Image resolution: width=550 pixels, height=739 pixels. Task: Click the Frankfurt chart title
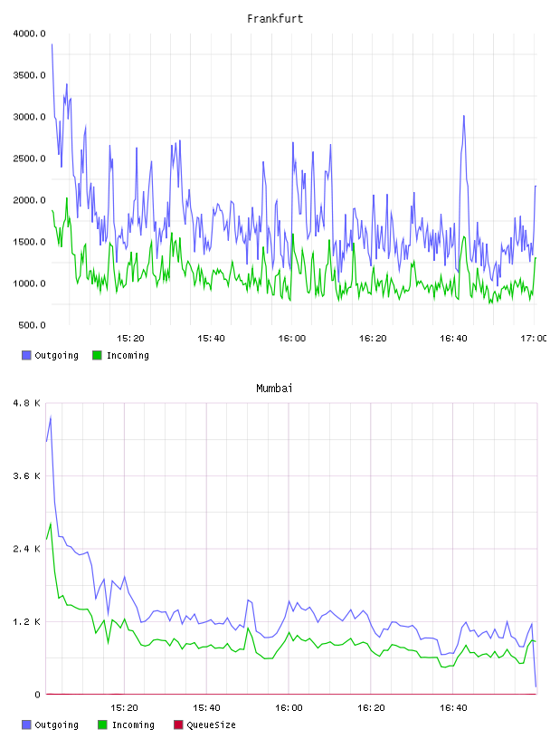275,18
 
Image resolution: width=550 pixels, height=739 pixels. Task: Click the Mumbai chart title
274,388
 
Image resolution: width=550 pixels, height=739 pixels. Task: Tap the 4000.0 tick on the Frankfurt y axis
29,34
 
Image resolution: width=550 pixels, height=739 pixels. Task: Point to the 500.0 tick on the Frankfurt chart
32,325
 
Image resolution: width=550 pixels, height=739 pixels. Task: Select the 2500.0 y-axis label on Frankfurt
29,158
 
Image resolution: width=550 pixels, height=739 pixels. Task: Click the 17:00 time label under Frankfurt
533,338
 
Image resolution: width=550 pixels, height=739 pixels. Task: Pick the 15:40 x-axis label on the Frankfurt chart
211,338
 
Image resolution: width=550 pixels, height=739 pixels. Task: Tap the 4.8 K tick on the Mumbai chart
27,403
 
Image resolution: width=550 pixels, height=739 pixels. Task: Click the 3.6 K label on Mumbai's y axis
27,476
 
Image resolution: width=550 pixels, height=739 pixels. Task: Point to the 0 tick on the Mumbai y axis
37,695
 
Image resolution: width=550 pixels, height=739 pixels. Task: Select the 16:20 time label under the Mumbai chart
371,707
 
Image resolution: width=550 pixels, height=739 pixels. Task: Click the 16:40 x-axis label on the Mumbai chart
453,707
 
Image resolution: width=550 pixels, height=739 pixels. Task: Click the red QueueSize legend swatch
178,725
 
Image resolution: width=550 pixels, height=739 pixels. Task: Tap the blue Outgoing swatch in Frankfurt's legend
26,355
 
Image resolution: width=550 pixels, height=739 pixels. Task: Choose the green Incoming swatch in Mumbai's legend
102,725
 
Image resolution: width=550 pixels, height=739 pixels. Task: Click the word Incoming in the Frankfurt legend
128,355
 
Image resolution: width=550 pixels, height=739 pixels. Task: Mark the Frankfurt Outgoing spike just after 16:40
464,116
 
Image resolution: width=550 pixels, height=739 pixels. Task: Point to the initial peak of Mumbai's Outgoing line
51,417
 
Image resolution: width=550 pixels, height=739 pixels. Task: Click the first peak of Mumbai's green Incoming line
51,523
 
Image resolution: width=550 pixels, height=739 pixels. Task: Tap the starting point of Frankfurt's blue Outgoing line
52,44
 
